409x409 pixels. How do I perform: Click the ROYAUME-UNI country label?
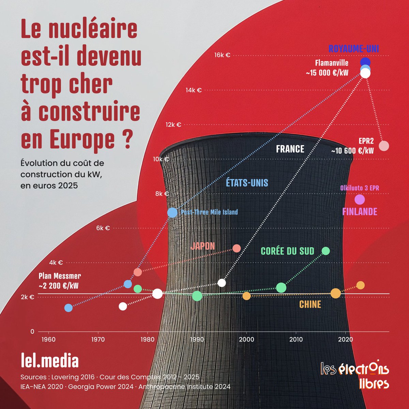point(353,49)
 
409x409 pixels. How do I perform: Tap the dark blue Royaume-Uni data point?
point(365,62)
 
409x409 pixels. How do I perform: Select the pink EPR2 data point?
point(384,146)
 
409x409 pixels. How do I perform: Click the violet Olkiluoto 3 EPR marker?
point(360,199)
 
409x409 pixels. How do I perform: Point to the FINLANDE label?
point(360,211)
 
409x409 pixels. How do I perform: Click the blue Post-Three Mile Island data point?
point(172,212)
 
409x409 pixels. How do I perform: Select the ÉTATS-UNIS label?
point(247,183)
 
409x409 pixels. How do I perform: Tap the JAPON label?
point(203,246)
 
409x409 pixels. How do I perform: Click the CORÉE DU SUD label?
point(287,251)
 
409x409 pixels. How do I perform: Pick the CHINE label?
point(310,304)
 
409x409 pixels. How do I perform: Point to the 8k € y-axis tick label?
point(162,194)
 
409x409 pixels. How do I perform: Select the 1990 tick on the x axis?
point(197,339)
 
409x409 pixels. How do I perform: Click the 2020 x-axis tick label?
point(345,339)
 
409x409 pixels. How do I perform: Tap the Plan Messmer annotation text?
point(60,281)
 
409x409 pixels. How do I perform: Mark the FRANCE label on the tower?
point(290,149)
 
